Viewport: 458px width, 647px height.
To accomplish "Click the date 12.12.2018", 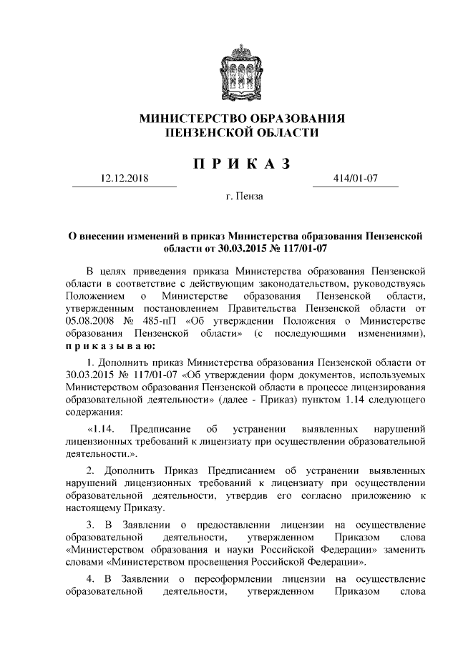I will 124,178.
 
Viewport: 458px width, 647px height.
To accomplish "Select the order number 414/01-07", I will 356,178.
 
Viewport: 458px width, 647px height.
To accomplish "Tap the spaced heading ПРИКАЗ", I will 242,164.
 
